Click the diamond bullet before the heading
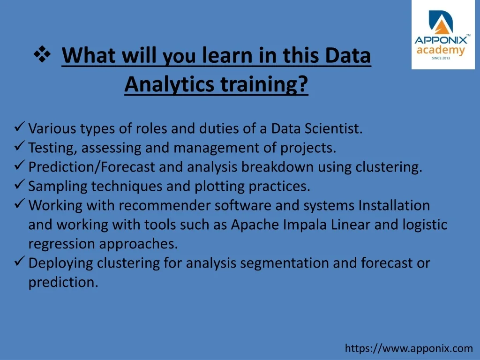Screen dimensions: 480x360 point(42,54)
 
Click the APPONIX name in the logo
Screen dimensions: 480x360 point(441,40)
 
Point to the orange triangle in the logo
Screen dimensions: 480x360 point(442,26)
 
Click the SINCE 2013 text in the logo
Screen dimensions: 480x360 point(441,58)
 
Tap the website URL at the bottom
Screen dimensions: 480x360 point(409,348)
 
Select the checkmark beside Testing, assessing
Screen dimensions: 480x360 point(19,146)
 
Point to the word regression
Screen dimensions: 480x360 point(61,244)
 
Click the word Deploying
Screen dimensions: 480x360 point(60,263)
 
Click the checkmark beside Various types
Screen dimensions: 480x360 point(19,127)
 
